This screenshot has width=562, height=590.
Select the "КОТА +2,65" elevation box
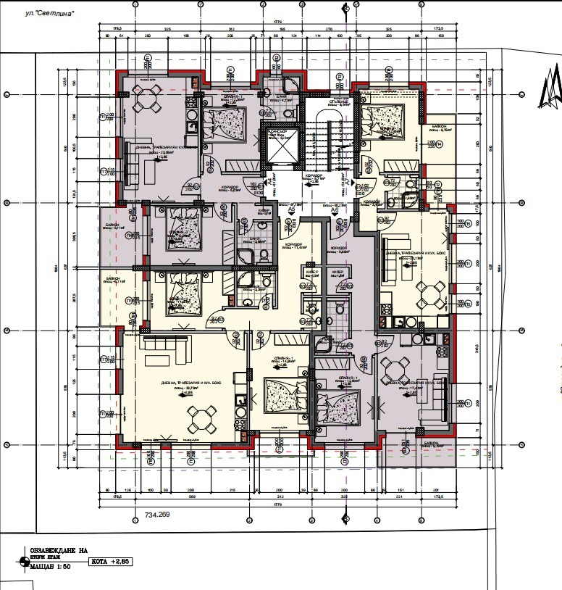[x=114, y=562]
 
